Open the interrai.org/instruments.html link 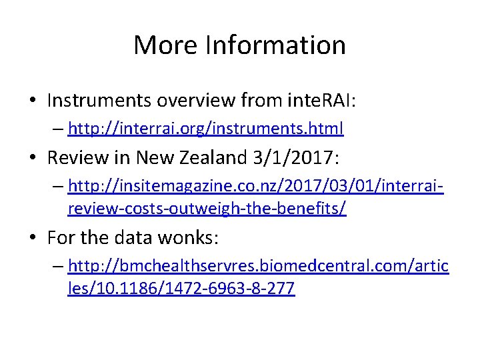click(x=205, y=127)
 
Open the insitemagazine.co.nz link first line click(x=256, y=185)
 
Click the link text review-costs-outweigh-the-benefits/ click(x=207, y=208)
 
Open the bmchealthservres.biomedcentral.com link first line click(x=258, y=266)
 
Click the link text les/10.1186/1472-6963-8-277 click(x=181, y=289)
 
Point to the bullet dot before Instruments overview click(x=33, y=101)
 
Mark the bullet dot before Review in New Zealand click(x=33, y=158)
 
